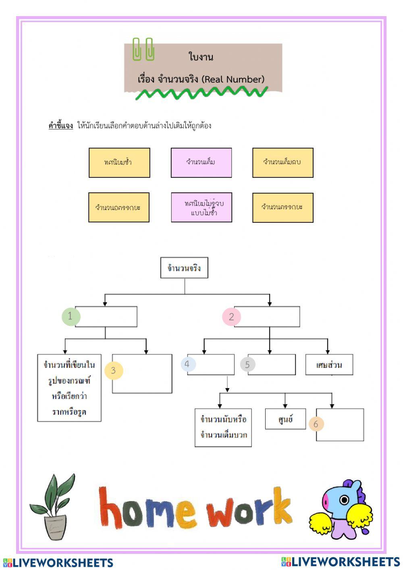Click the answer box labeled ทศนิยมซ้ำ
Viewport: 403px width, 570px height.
(x=119, y=163)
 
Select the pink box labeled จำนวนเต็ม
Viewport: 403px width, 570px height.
(x=201, y=163)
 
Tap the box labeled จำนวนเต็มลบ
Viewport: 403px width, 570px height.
(x=283, y=163)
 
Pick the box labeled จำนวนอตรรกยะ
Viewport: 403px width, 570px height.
(x=119, y=207)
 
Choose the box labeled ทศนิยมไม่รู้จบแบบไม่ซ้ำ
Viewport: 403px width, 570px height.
(x=201, y=207)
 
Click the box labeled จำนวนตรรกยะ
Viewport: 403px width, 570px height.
(x=283, y=207)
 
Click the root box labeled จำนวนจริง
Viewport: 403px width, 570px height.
(x=184, y=268)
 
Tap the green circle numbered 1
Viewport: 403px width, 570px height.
(x=71, y=316)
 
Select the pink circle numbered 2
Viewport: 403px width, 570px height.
(x=231, y=317)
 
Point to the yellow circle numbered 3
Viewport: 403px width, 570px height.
(x=113, y=370)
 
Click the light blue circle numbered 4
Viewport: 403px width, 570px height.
(x=187, y=364)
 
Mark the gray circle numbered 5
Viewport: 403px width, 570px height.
(x=247, y=365)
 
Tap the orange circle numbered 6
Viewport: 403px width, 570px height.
(x=316, y=424)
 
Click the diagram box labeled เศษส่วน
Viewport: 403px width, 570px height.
(x=329, y=365)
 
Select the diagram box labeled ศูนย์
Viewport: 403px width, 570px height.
(x=285, y=419)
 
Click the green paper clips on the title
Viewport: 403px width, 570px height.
(x=143, y=49)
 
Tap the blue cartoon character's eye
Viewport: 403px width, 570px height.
(x=344, y=500)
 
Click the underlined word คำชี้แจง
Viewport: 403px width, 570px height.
(x=60, y=125)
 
